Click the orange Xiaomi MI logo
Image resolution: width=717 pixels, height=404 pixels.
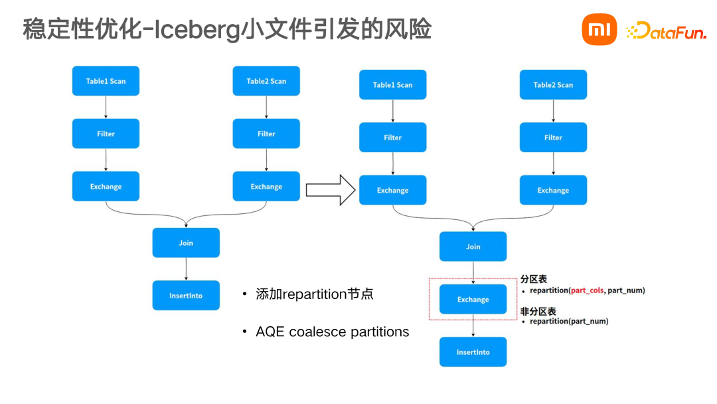tap(599, 30)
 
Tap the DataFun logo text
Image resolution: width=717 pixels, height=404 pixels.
tap(667, 31)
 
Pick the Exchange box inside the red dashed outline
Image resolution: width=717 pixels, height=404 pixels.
tap(473, 300)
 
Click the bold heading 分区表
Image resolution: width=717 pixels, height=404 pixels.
tap(534, 280)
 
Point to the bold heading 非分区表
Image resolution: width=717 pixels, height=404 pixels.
tap(538, 311)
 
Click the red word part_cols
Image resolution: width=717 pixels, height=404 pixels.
tap(588, 290)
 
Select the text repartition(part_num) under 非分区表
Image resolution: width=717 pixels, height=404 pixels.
tap(569, 322)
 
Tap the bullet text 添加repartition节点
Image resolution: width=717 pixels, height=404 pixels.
tap(315, 294)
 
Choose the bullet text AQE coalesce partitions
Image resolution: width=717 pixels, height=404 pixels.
tap(332, 332)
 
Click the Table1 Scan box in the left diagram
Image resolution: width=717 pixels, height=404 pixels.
tap(106, 81)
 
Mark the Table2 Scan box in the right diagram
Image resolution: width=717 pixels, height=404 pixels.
tap(553, 85)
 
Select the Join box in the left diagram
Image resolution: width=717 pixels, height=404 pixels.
tap(186, 243)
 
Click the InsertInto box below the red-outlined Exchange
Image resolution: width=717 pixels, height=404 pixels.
tap(473, 352)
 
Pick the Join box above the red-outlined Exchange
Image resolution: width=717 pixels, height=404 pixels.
tap(473, 247)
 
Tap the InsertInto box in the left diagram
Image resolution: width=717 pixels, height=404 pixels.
tap(186, 296)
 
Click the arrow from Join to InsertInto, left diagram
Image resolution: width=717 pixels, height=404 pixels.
tap(186, 269)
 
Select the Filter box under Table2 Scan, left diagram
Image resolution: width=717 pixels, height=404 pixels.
tap(266, 134)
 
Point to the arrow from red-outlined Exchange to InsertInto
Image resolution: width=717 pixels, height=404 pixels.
tap(473, 326)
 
